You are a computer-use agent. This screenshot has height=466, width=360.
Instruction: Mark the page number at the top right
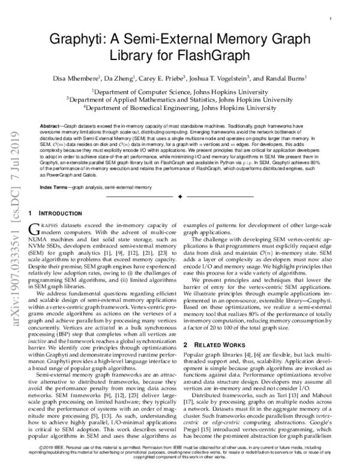point(331,19)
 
